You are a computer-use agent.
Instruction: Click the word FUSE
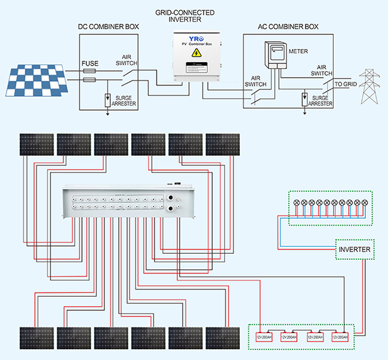coord(90,63)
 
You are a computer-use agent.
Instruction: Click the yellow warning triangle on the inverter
coord(195,54)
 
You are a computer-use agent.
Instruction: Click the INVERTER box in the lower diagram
coord(355,249)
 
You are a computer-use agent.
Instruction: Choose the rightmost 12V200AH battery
coord(341,337)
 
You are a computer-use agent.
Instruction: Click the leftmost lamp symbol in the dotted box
coord(295,203)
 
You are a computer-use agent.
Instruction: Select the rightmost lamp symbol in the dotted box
coord(365,203)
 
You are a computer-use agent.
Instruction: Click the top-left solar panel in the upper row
coord(37,143)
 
